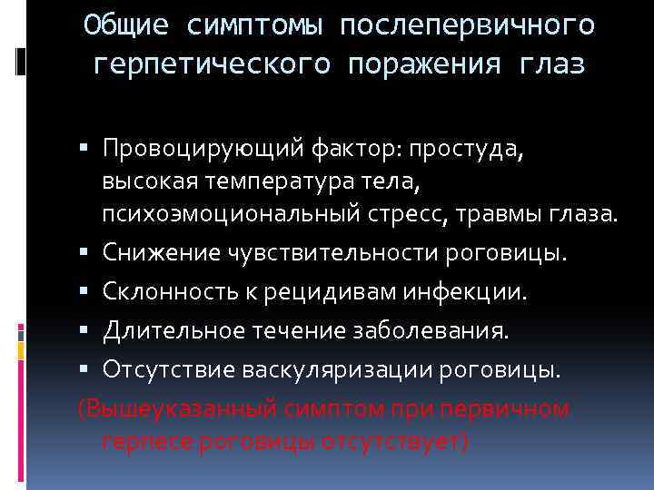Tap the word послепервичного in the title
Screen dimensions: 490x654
pos(469,25)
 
